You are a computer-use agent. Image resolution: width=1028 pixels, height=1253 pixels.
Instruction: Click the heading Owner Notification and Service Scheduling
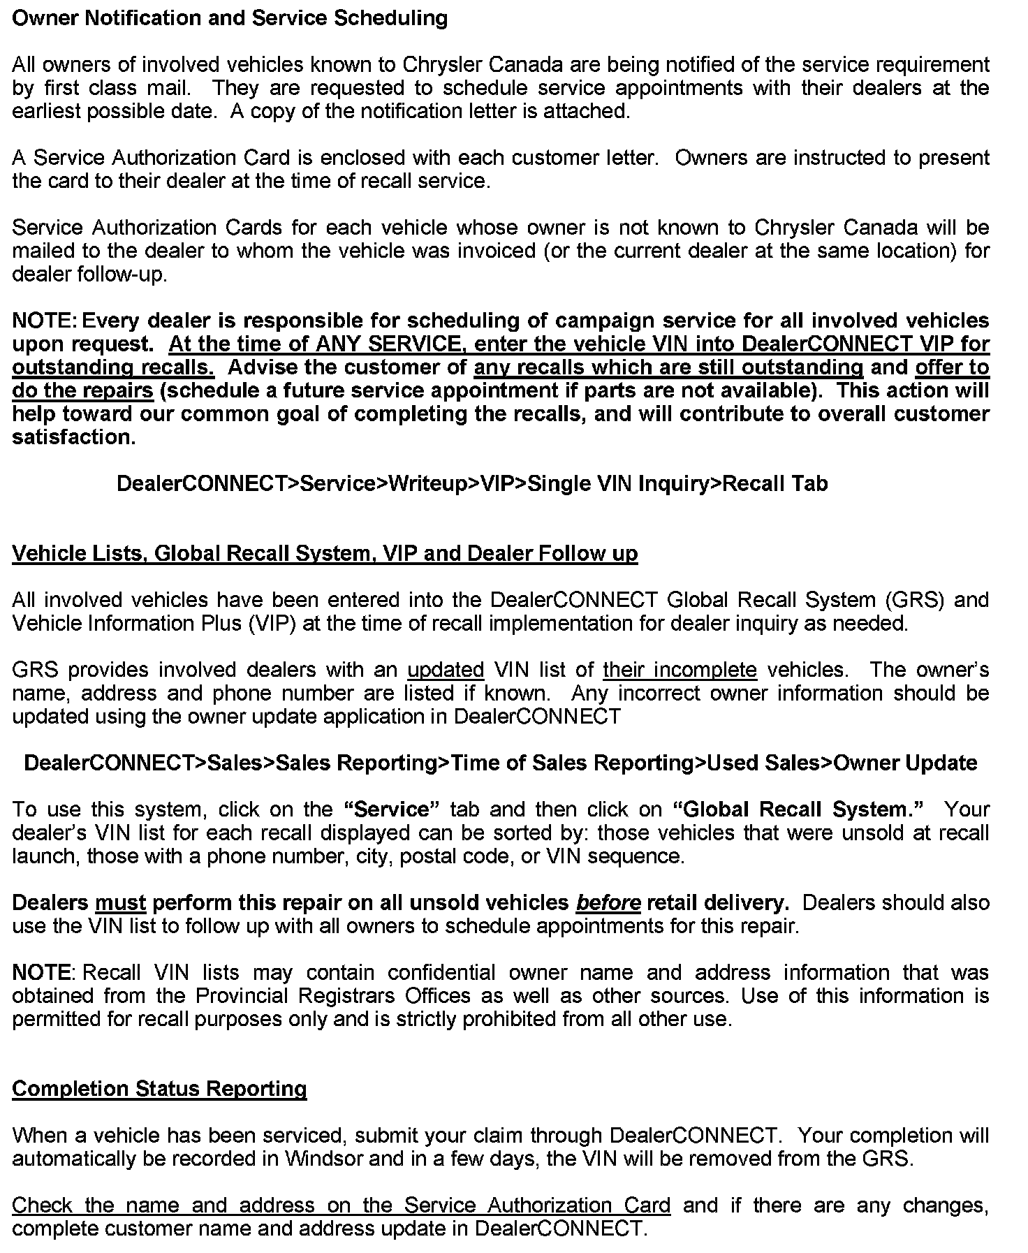230,18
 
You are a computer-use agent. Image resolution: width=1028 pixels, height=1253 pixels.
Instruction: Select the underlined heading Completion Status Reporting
159,1089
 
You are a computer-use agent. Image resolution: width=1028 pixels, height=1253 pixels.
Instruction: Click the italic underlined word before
608,902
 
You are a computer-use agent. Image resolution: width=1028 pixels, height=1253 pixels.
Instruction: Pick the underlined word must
120,902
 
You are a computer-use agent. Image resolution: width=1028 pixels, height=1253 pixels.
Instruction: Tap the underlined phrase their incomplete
680,670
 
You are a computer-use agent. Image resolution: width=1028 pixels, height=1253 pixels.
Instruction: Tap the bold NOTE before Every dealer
43,321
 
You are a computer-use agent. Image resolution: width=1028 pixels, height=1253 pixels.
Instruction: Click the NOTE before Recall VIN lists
41,972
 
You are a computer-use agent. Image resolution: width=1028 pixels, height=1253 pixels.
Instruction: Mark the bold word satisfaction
73,437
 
